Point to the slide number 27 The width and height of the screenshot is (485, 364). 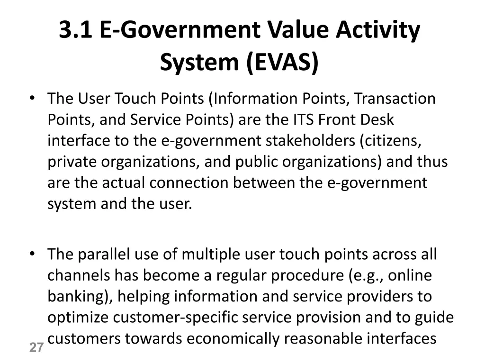[x=36, y=348]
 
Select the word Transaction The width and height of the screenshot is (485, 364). [x=395, y=99]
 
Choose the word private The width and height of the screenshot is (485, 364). [x=72, y=162]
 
